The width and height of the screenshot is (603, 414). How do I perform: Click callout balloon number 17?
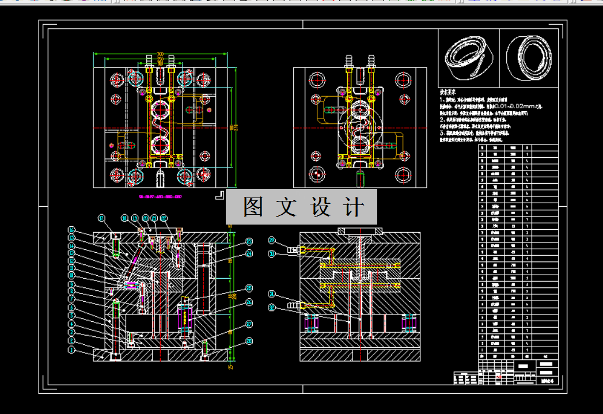[x=101, y=218]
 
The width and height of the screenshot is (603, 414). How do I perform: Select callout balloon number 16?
[x=71, y=230]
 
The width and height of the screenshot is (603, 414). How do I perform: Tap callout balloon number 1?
[x=71, y=350]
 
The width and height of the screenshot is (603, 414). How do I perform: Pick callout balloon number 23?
[x=249, y=241]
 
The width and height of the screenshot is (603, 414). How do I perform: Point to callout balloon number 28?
[x=249, y=341]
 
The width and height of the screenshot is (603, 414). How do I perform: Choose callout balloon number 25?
[x=249, y=288]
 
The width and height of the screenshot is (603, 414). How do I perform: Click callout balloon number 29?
[x=272, y=240]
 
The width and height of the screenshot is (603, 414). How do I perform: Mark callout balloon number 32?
[x=272, y=307]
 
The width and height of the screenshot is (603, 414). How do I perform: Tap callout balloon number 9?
[x=71, y=284]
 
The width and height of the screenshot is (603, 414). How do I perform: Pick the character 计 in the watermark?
[x=355, y=207]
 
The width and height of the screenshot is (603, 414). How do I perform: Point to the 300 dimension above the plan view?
[x=160, y=55]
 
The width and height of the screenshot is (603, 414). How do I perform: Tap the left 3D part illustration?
[x=467, y=58]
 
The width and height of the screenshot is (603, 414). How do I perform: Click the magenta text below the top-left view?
[x=160, y=196]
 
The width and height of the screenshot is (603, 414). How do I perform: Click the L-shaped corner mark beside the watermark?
[x=219, y=196]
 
